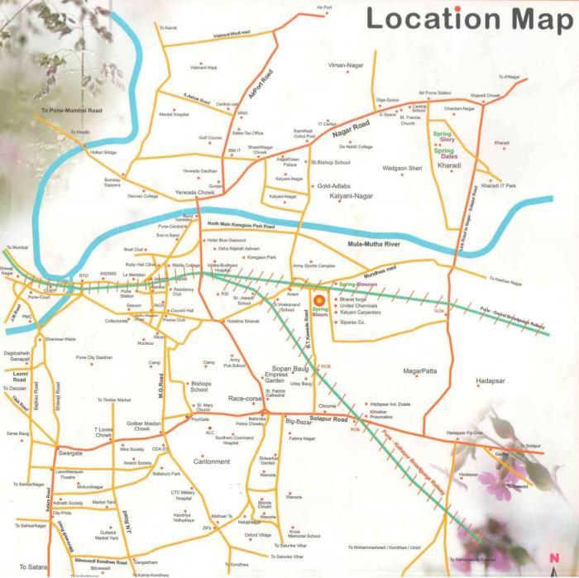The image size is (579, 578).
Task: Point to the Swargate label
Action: coord(70,453)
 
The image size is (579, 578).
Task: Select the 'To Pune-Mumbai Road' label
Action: coord(71,110)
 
